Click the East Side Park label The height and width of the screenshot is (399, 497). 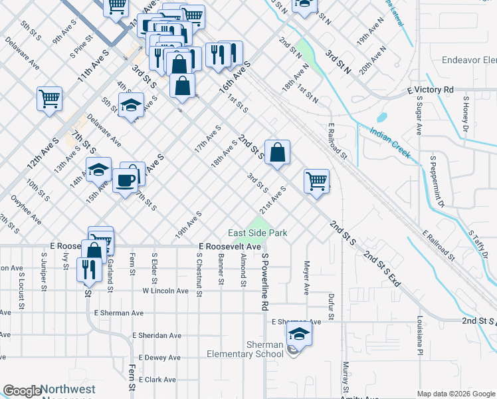coord(257,233)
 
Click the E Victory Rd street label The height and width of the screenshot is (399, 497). coord(430,89)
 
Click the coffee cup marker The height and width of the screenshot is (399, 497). coord(125,180)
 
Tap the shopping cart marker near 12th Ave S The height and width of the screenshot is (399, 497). coord(50,99)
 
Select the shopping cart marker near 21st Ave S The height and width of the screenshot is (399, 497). coord(317,181)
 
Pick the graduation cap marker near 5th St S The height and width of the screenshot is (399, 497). coord(132,104)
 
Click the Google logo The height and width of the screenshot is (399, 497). coord(22,391)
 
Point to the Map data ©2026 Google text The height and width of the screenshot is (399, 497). coord(455,394)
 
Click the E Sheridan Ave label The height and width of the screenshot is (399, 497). coord(157,336)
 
